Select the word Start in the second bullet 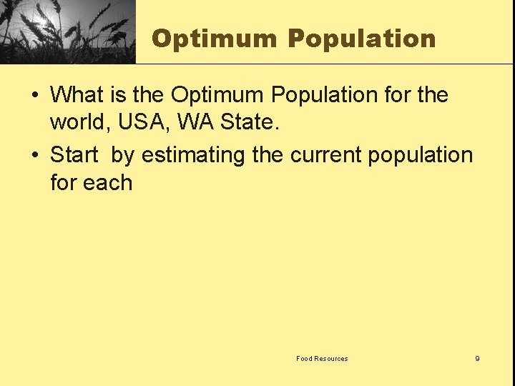(74, 154)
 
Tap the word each (107, 183)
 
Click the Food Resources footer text (322, 359)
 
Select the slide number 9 (477, 359)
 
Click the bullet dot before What (35, 95)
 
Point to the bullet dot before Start (35, 155)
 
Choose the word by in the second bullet (122, 155)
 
